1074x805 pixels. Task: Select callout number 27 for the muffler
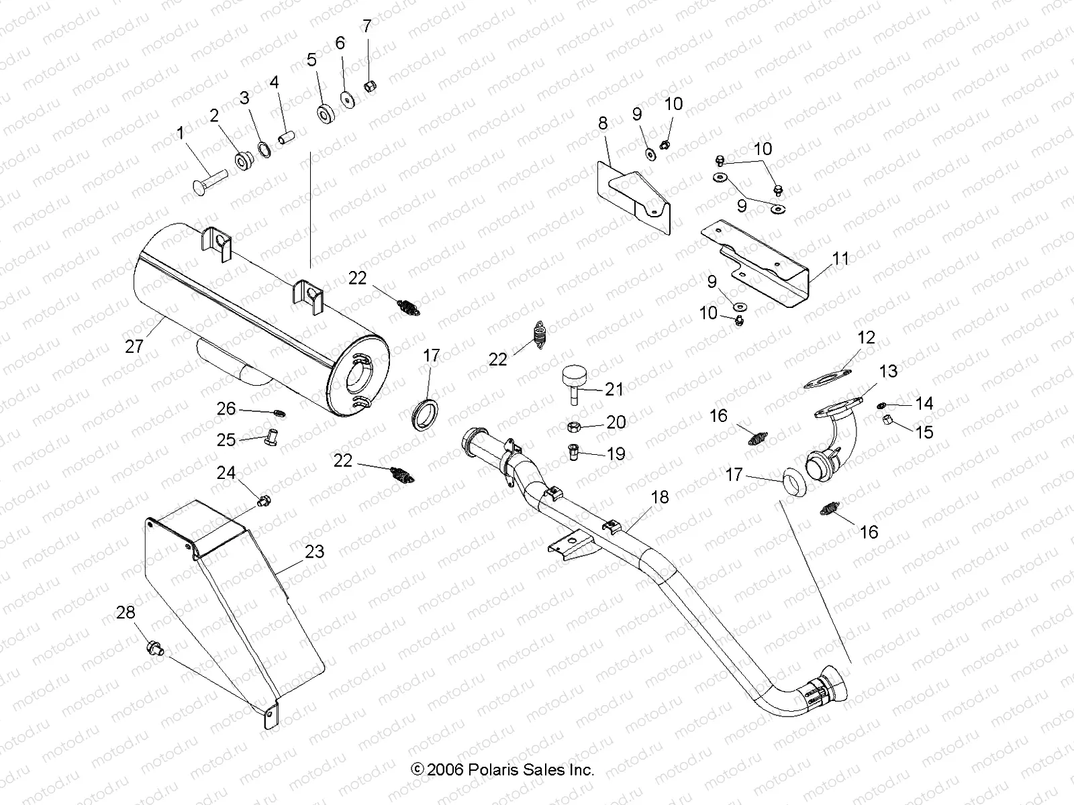[134, 346]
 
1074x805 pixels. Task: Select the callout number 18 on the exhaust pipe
[660, 497]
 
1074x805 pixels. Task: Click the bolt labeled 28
[154, 648]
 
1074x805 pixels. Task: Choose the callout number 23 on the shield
[314, 551]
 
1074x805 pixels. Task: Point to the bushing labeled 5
[327, 113]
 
